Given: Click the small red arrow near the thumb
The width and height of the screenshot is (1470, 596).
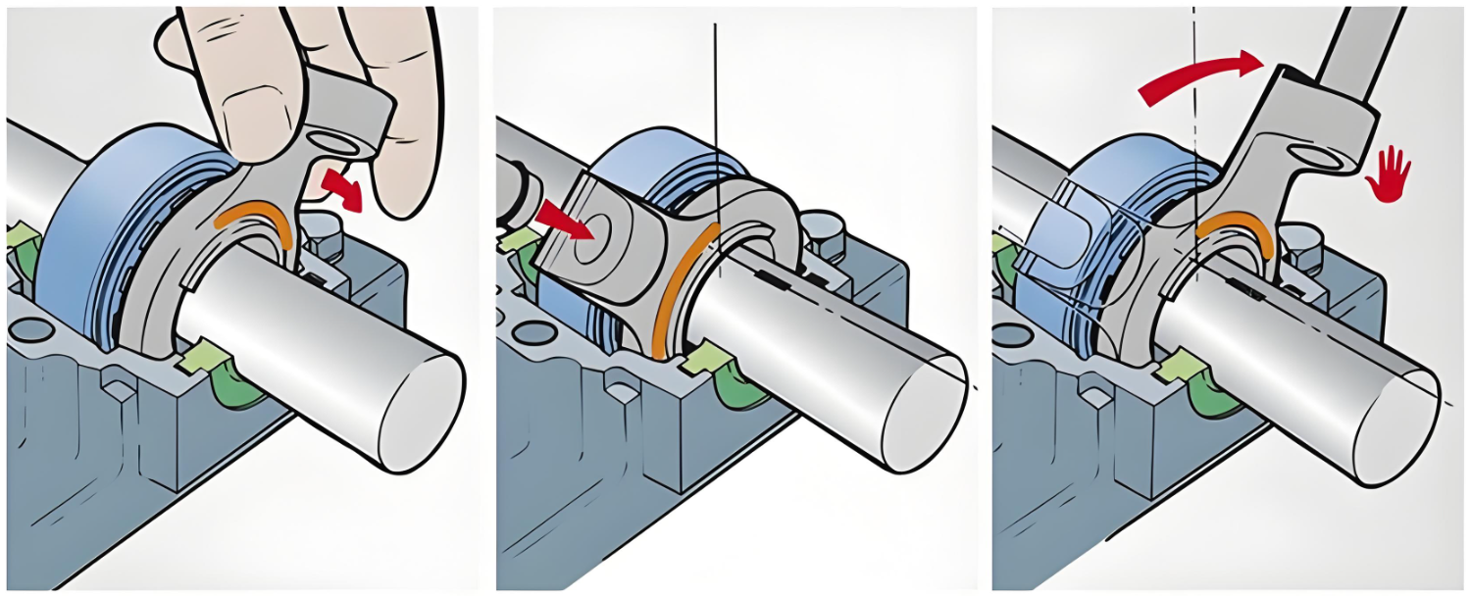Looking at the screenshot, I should (x=342, y=188).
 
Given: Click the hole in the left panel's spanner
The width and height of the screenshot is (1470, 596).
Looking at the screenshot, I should (x=338, y=145).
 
